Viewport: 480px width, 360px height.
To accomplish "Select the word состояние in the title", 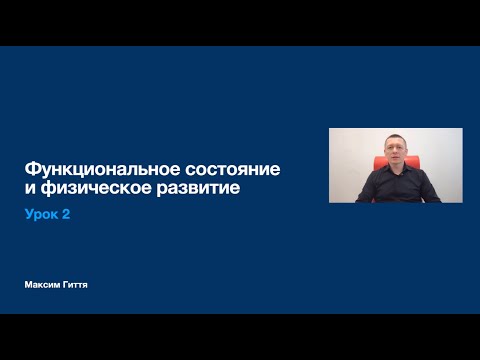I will click(235, 169).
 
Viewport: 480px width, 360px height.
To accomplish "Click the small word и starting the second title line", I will click(29, 188).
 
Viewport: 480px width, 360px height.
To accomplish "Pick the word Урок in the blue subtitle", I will click(43, 215).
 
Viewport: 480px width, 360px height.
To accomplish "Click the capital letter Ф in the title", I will click(31, 169).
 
